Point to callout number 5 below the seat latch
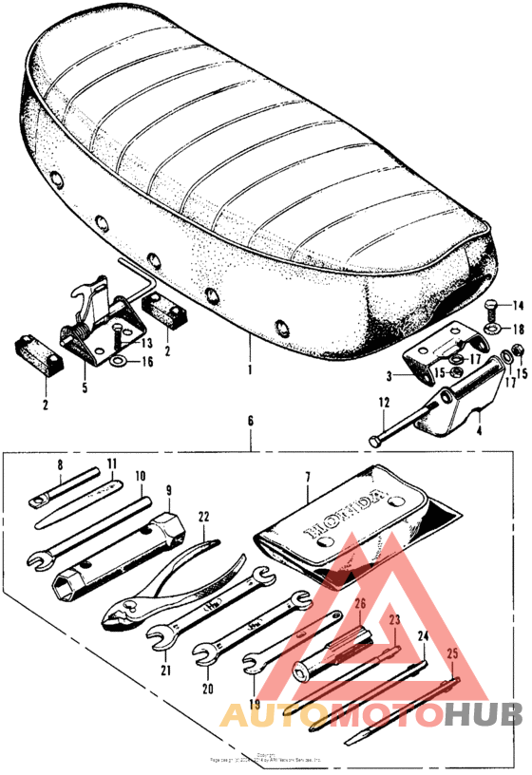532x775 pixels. point(83,387)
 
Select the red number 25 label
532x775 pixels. point(452,654)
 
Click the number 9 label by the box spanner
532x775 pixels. point(168,491)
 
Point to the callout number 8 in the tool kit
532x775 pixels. point(59,464)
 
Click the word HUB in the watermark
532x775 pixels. point(485,714)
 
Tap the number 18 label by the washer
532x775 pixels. point(518,329)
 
